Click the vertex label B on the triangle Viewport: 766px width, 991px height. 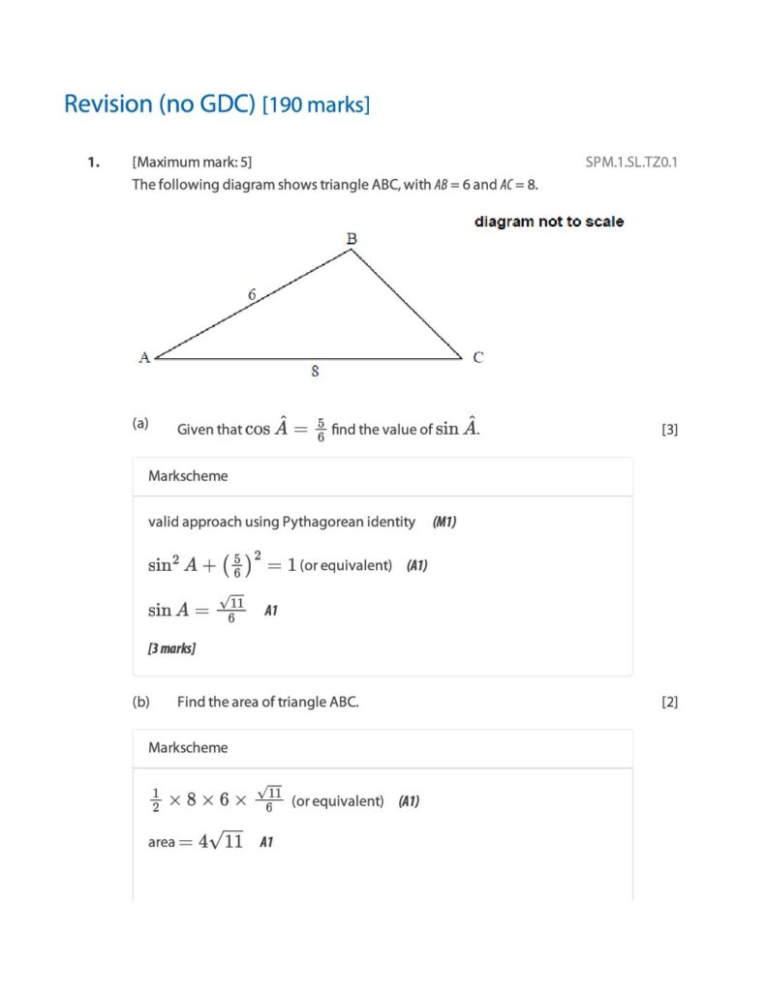(x=352, y=238)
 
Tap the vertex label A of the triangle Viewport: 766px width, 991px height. (x=144, y=357)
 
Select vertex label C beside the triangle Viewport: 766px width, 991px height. (x=478, y=357)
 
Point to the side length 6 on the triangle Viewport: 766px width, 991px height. (x=251, y=295)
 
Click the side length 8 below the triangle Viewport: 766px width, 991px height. (x=315, y=371)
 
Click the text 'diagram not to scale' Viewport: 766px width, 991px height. (x=548, y=222)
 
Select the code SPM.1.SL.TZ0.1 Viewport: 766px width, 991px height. (x=631, y=162)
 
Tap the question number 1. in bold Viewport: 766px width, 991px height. (x=93, y=163)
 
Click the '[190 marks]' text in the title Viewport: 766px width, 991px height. (x=317, y=105)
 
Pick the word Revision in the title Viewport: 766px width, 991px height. (x=107, y=104)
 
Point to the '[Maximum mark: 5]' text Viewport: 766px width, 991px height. (x=192, y=163)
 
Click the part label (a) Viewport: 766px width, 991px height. (x=141, y=423)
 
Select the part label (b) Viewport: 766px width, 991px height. (x=141, y=702)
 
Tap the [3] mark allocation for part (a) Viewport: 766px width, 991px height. (x=669, y=430)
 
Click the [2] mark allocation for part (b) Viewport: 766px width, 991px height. (x=669, y=703)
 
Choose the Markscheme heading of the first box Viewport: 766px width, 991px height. (x=188, y=476)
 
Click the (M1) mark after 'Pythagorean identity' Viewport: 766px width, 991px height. (x=444, y=523)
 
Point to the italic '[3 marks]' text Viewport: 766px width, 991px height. (x=171, y=648)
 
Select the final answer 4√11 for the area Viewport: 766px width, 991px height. (x=221, y=841)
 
